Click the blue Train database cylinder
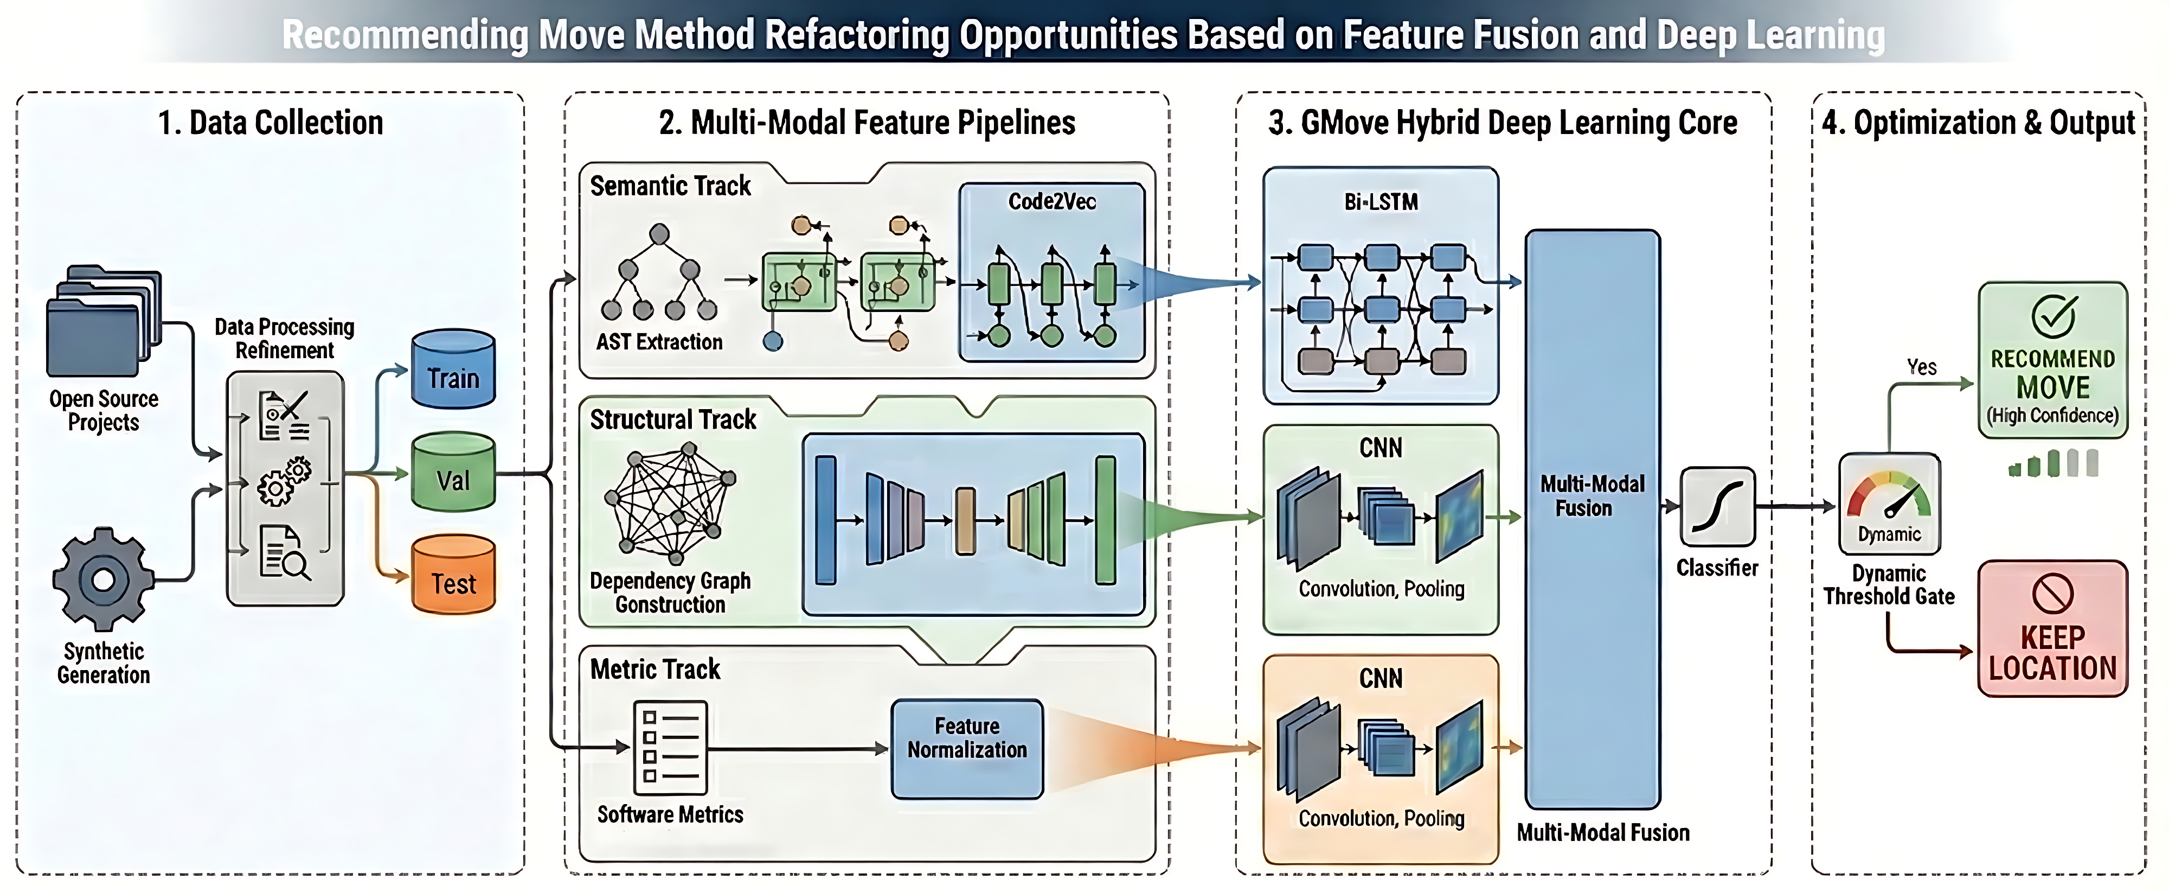[x=453, y=370]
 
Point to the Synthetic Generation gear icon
[x=102, y=579]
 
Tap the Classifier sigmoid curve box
[x=1717, y=507]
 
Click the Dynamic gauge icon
[x=1889, y=503]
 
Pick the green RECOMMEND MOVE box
[x=2052, y=360]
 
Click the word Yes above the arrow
[x=1921, y=367]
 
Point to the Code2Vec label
[x=1051, y=201]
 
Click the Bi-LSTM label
[x=1381, y=202]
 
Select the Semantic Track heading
[x=670, y=186]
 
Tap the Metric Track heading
[x=655, y=670]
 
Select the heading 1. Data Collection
[x=270, y=123]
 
